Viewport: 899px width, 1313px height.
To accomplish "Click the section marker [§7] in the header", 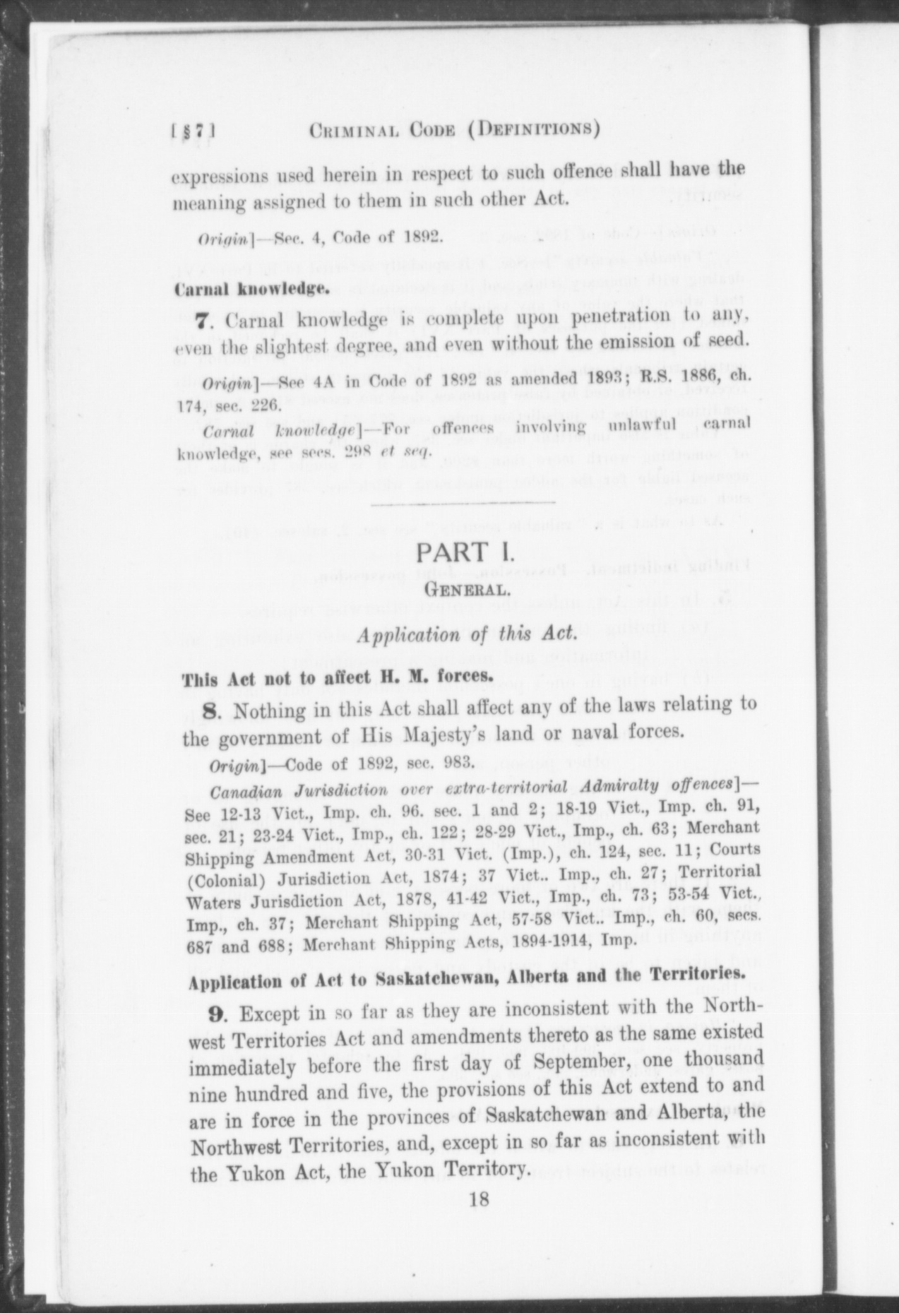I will pyautogui.click(x=194, y=131).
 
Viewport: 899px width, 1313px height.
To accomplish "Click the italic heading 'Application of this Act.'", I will pyautogui.click(x=467, y=634).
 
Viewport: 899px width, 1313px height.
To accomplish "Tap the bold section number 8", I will pyautogui.click(x=211, y=711).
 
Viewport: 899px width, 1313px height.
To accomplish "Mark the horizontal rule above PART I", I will pyautogui.click(x=463, y=502).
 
